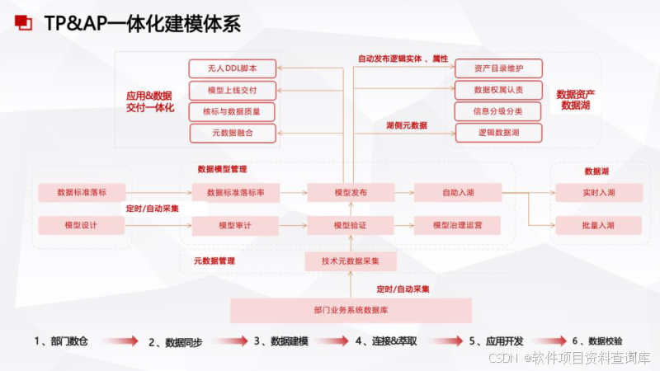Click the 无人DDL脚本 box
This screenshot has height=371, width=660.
233,68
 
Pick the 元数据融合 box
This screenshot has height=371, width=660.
233,133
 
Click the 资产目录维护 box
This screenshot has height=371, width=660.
498,68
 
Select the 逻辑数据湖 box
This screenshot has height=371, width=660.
498,133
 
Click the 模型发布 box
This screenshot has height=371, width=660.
351,193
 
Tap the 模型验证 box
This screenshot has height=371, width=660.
351,225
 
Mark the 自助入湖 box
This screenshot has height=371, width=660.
458,193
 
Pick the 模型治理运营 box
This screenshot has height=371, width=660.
458,225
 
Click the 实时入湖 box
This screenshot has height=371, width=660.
598,193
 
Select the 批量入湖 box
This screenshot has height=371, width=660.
598,225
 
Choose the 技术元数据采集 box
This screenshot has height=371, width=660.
351,261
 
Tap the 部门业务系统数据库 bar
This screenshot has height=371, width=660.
351,310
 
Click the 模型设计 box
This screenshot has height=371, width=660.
81,225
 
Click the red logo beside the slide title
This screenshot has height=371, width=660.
26,23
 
